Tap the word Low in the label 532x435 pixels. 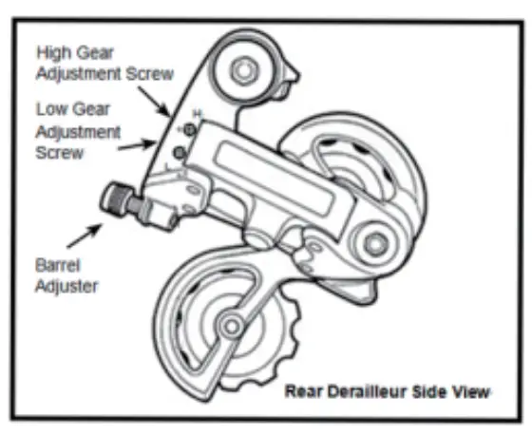coord(52,108)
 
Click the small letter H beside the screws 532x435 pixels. coord(199,115)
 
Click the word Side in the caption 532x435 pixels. coord(438,391)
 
